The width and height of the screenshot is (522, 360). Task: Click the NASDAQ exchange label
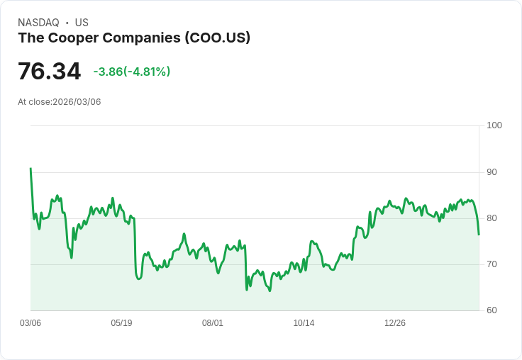[38, 23]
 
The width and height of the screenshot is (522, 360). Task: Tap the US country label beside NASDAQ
[82, 23]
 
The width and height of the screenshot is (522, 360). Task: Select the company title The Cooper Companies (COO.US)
[134, 38]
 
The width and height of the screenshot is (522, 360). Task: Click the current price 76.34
[49, 72]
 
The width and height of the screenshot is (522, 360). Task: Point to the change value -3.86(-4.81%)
[132, 72]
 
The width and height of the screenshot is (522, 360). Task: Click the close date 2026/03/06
[77, 102]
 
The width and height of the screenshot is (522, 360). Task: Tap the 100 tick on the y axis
[494, 125]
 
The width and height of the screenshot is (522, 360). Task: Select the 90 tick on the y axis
[492, 172]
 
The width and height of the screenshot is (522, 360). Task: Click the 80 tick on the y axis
[492, 218]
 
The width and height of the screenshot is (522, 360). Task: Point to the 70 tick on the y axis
[492, 264]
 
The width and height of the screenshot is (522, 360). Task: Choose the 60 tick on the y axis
[492, 310]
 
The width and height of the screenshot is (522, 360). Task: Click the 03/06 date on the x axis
[30, 323]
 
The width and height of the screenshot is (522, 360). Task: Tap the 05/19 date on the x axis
[121, 323]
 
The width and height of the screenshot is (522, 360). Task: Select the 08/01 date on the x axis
[213, 323]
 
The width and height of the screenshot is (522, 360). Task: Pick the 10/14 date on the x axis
[304, 323]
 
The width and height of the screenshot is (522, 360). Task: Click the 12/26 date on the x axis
[395, 323]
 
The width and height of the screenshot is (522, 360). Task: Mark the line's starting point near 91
[30, 169]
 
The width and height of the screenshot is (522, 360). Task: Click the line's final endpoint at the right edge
[479, 234]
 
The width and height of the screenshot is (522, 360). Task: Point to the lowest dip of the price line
[270, 291]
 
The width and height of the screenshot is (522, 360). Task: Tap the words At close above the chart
[34, 102]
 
